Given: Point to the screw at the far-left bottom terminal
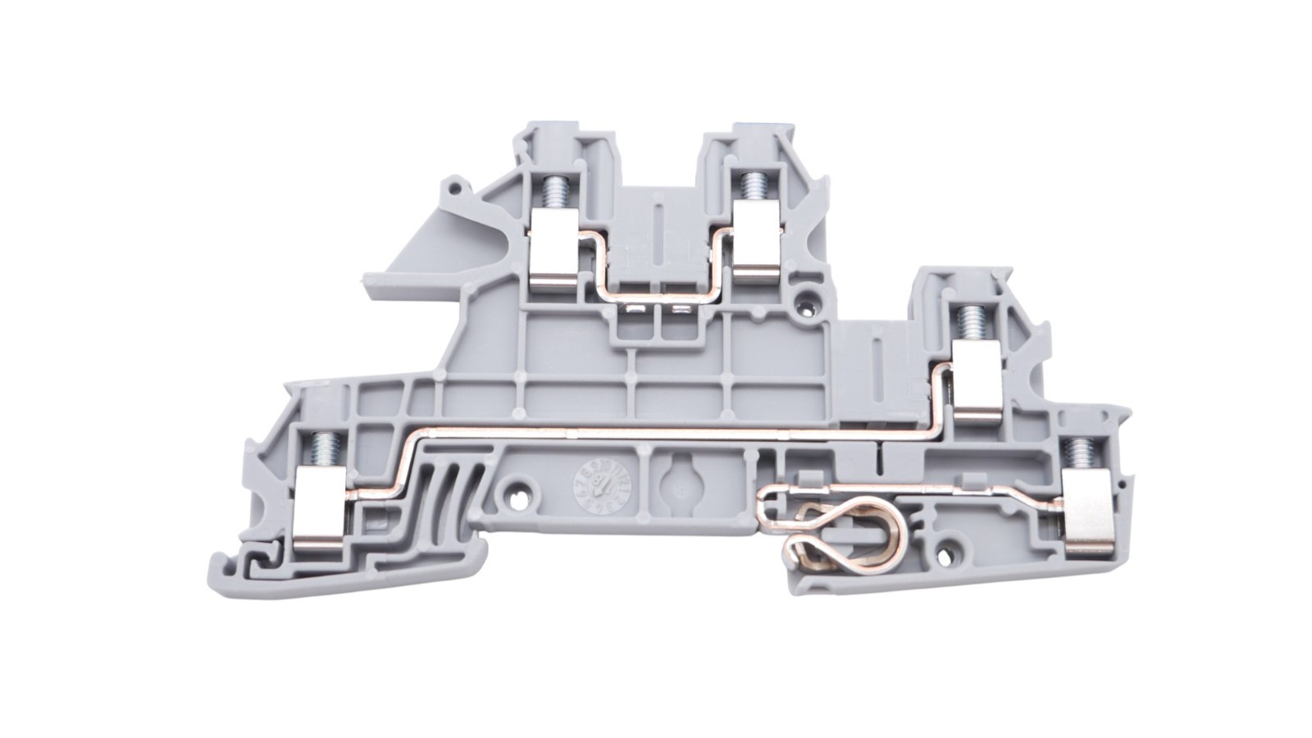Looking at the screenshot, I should pyautogui.click(x=318, y=448).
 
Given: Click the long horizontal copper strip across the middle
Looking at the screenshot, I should pyautogui.click(x=656, y=429).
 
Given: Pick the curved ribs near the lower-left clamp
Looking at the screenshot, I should pyautogui.click(x=432, y=492).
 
